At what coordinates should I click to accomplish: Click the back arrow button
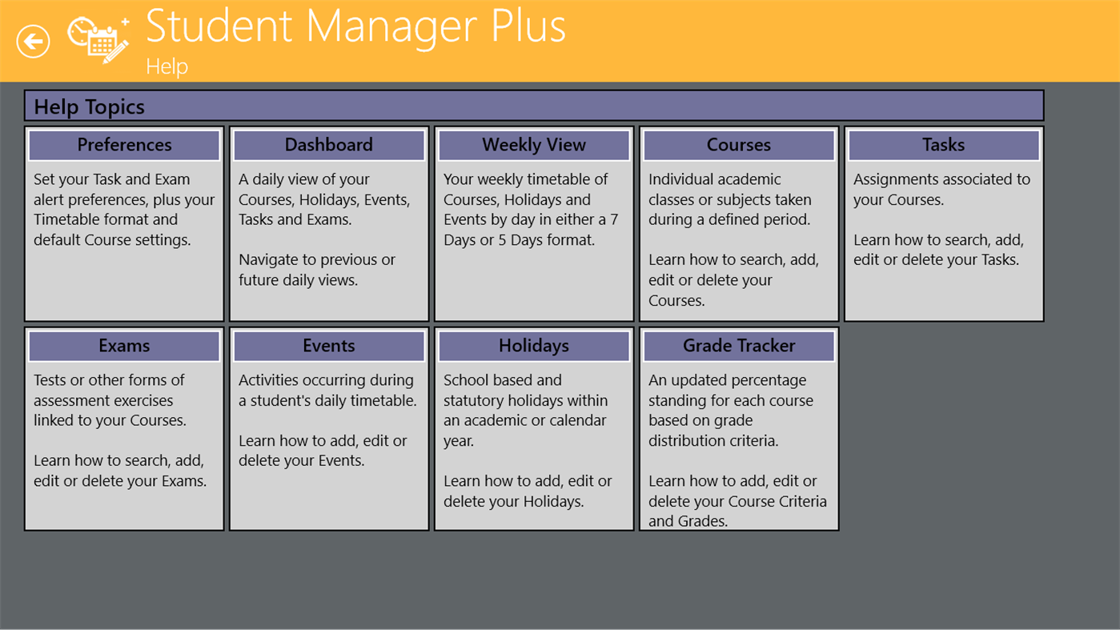(x=33, y=42)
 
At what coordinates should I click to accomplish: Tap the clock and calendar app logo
(x=98, y=39)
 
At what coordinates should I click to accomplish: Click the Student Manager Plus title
(x=355, y=26)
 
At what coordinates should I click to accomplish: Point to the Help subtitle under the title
(x=167, y=66)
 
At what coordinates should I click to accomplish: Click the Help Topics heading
(x=89, y=106)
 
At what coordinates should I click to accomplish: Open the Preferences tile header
(x=124, y=145)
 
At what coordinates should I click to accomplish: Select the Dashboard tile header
(x=329, y=145)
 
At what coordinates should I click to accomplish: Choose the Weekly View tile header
(x=534, y=145)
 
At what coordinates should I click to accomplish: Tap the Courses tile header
(x=739, y=145)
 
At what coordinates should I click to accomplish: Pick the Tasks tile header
(x=943, y=145)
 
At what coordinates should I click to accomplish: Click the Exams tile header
(x=124, y=346)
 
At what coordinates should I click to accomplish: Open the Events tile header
(x=329, y=346)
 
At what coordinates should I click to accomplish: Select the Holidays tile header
(x=534, y=346)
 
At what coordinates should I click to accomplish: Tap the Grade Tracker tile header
(x=739, y=346)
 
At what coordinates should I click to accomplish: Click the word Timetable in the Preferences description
(x=68, y=219)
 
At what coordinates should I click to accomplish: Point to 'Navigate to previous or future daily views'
(x=317, y=270)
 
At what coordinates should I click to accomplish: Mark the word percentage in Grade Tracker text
(x=769, y=380)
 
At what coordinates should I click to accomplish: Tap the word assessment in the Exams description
(x=70, y=400)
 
